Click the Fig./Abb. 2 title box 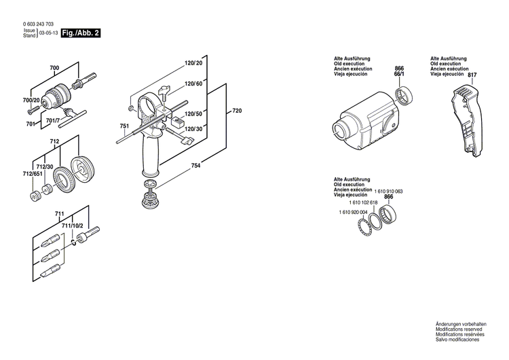coord(80,32)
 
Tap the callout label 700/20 coord(32,101)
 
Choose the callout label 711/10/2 coord(72,225)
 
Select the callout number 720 coord(236,111)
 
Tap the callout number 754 coord(195,165)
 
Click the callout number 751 coord(124,127)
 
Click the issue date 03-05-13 coord(48,33)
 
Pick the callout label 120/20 coord(193,63)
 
